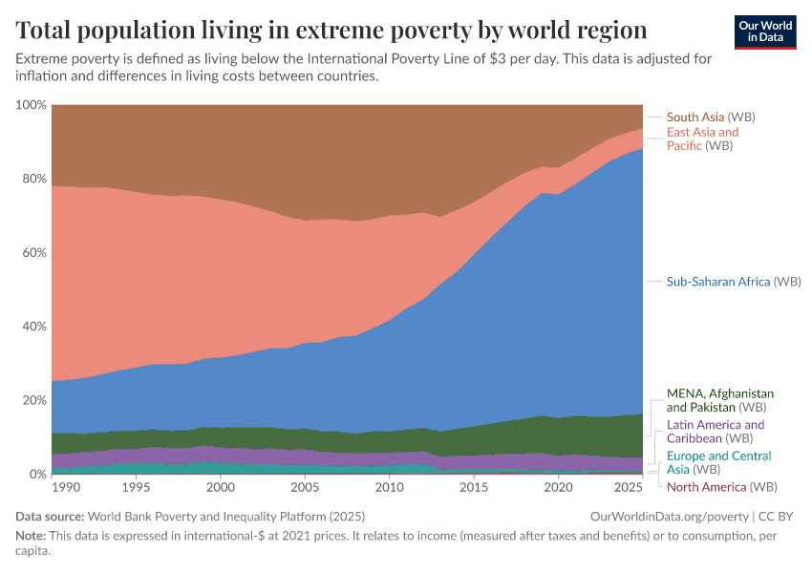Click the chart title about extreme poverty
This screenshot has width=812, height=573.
pyautogui.click(x=331, y=30)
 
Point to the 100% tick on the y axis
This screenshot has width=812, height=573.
pyautogui.click(x=31, y=105)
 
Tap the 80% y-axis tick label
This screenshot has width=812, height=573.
pyautogui.click(x=33, y=179)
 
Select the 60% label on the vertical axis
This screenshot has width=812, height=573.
pyautogui.click(x=33, y=253)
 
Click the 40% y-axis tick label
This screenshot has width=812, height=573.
pyautogui.click(x=33, y=327)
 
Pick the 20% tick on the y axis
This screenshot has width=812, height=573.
pyautogui.click(x=33, y=400)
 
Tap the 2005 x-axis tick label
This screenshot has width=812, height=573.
pyautogui.click(x=305, y=488)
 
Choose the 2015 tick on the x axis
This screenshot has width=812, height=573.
pyautogui.click(x=473, y=488)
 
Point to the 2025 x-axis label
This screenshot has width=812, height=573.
pyautogui.click(x=627, y=488)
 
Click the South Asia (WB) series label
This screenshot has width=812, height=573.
pyautogui.click(x=711, y=117)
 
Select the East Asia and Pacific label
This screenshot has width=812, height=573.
pyautogui.click(x=702, y=138)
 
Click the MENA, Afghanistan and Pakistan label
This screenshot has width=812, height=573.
pyautogui.click(x=719, y=400)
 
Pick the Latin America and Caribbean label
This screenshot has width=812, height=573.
pyautogui.click(x=715, y=432)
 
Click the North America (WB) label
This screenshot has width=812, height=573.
pyautogui.click(x=721, y=487)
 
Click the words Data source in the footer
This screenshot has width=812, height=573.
pyautogui.click(x=49, y=516)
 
